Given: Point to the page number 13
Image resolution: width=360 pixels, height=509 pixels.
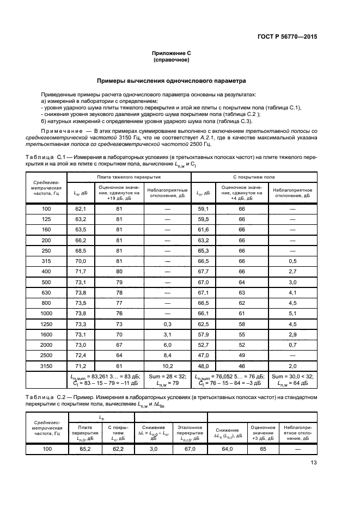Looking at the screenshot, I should [313, 464].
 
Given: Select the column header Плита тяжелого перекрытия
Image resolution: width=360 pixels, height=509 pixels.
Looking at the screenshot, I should [129, 177].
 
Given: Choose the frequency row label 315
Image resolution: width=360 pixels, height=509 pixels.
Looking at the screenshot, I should [46, 261].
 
